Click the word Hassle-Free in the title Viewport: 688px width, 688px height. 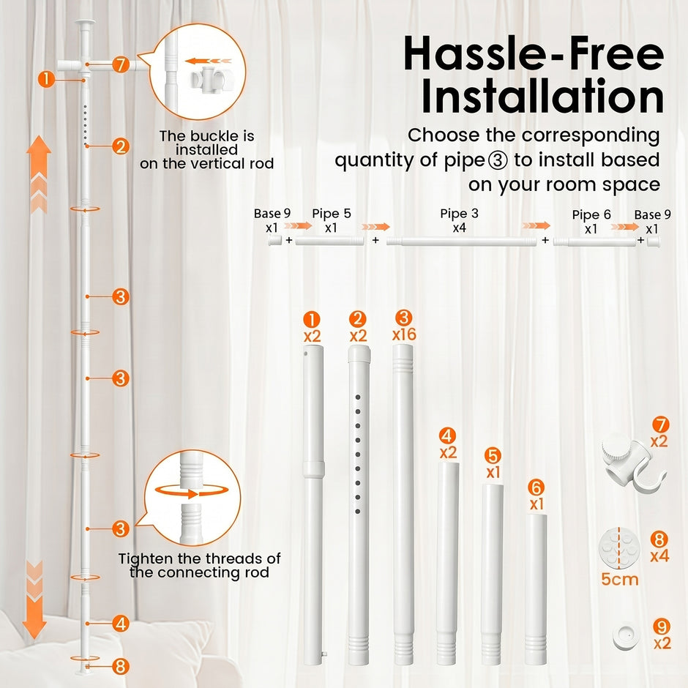coord(534,53)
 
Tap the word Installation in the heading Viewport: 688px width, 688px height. coord(542,96)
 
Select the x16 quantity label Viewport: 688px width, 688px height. coord(404,334)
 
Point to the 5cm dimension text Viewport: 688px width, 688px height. coord(619,579)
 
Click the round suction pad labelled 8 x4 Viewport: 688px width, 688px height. coord(618,547)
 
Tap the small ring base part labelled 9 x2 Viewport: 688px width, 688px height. coord(626,637)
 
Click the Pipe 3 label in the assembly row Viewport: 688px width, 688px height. coord(459,213)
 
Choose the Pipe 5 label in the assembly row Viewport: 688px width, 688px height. coord(332,213)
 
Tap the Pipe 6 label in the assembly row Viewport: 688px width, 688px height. coord(591,214)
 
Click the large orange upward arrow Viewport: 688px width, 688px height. coord(39,174)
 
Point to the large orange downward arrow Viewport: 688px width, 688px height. coord(34,599)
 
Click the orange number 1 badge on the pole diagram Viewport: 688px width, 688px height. coord(46,80)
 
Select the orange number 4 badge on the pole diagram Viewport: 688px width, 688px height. coord(120,624)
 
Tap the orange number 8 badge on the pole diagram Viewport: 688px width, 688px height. coord(120,666)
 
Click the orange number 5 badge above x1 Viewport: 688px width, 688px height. coord(493,455)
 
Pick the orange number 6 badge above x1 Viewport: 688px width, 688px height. coord(536,487)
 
